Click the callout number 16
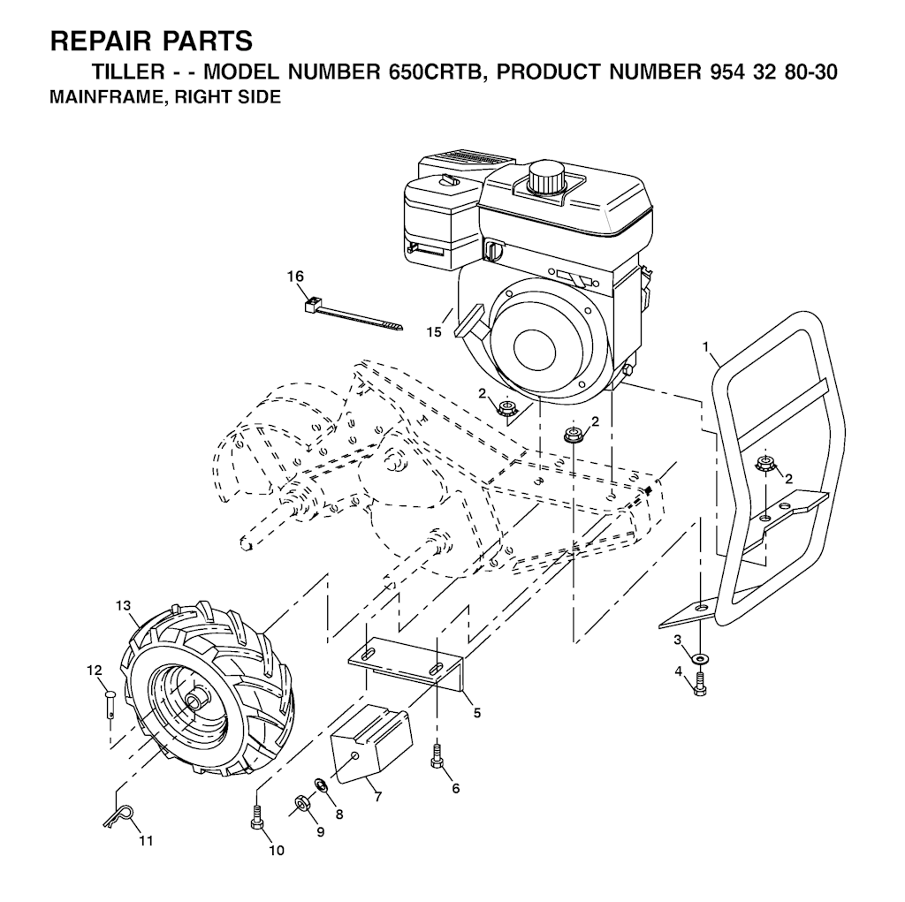[x=295, y=277]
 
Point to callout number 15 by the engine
[x=434, y=332]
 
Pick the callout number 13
[x=123, y=605]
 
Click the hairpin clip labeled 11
[x=119, y=815]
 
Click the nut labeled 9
[x=300, y=802]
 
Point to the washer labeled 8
[x=319, y=785]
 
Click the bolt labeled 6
[x=437, y=756]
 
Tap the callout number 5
[x=476, y=713]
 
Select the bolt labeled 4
[x=700, y=684]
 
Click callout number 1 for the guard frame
[x=704, y=345]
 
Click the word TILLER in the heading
[x=129, y=72]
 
